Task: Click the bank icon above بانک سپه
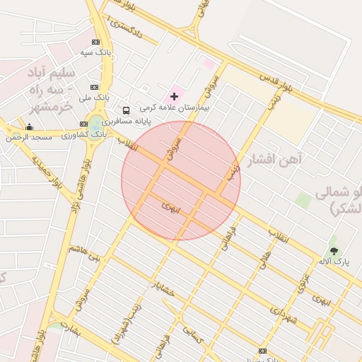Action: [95, 42]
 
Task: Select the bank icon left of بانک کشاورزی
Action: [84, 124]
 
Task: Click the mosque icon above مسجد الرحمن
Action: [29, 127]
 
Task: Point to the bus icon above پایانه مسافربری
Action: [126, 110]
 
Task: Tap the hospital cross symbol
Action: [175, 95]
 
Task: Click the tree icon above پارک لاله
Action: [334, 250]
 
